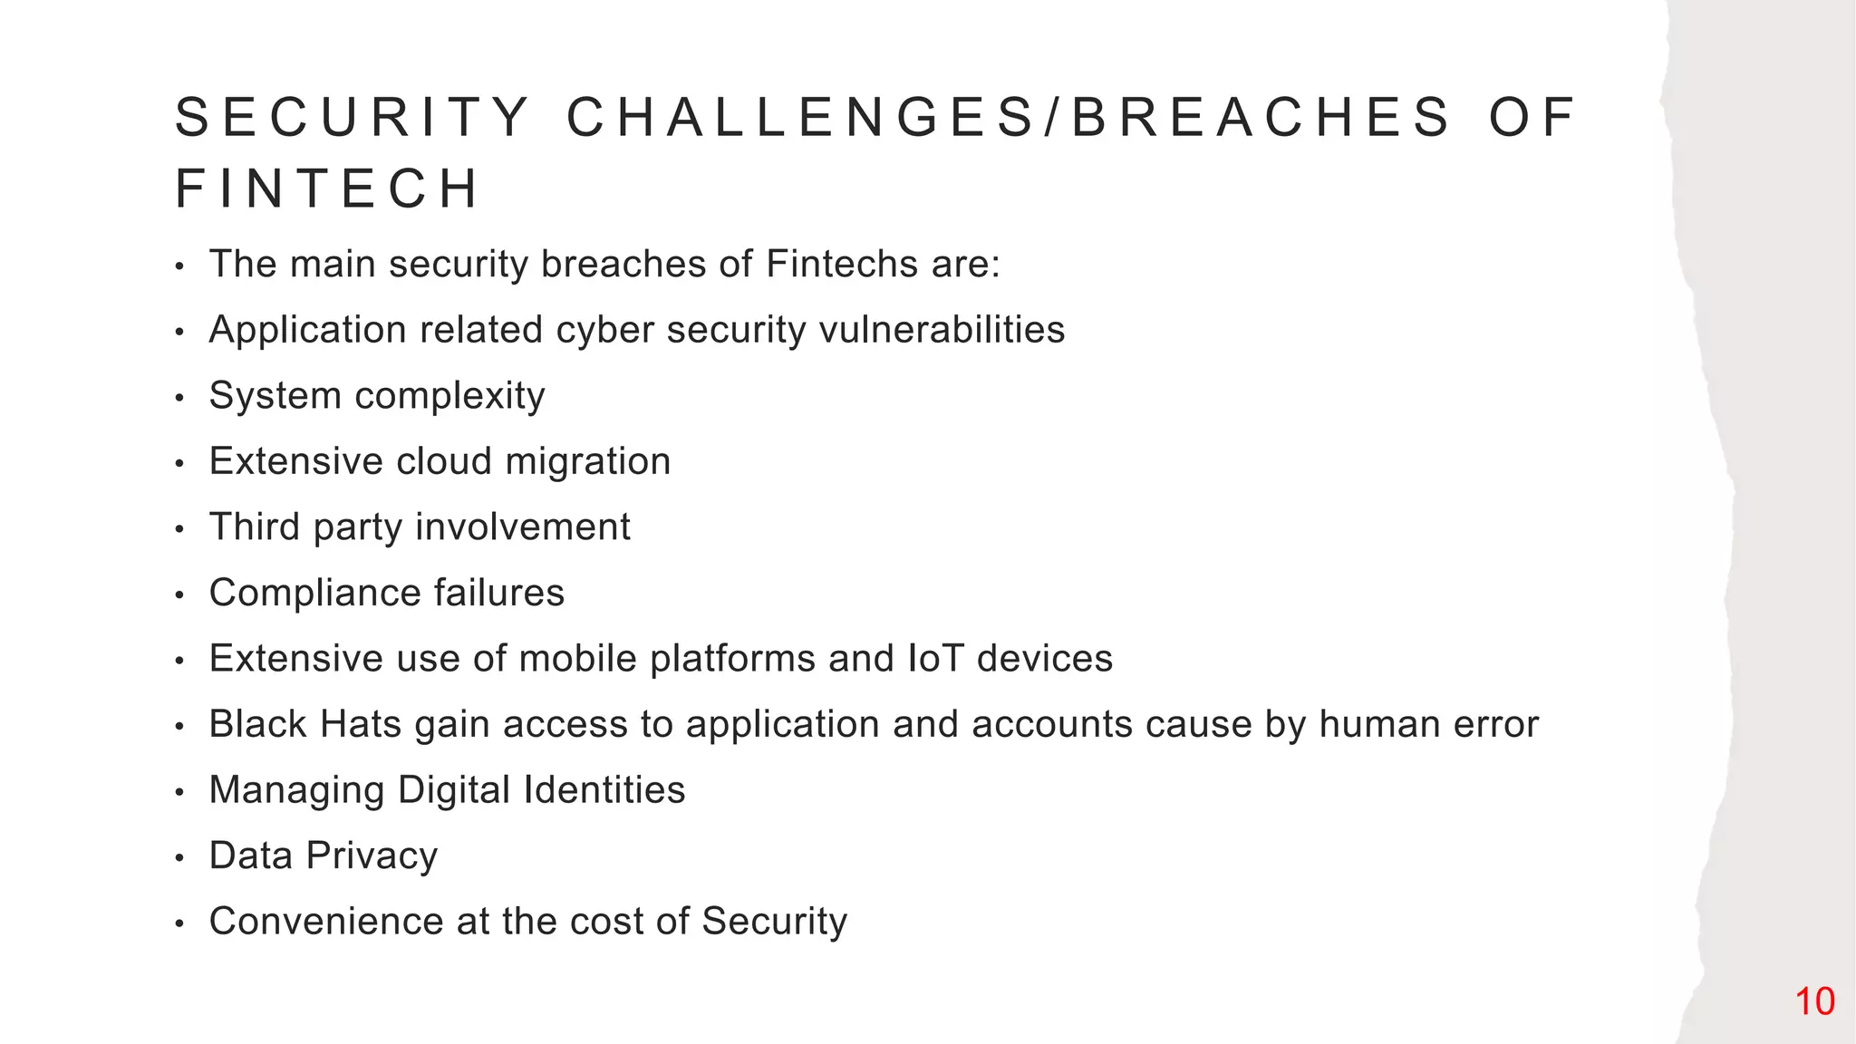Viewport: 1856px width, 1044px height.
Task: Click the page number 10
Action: (1814, 1001)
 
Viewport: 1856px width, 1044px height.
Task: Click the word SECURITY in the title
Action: (353, 118)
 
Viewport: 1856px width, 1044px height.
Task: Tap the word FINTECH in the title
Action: (326, 189)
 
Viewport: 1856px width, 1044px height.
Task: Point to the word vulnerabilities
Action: (942, 330)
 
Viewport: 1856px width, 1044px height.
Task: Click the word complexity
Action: (449, 397)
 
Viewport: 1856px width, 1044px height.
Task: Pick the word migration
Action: (587, 462)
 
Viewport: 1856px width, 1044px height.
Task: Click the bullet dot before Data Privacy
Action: (179, 858)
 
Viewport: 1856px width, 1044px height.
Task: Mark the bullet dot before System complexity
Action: (179, 398)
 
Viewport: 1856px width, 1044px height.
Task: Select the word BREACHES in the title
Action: (1262, 118)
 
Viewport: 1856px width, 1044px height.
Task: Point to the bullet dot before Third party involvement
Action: (179, 529)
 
